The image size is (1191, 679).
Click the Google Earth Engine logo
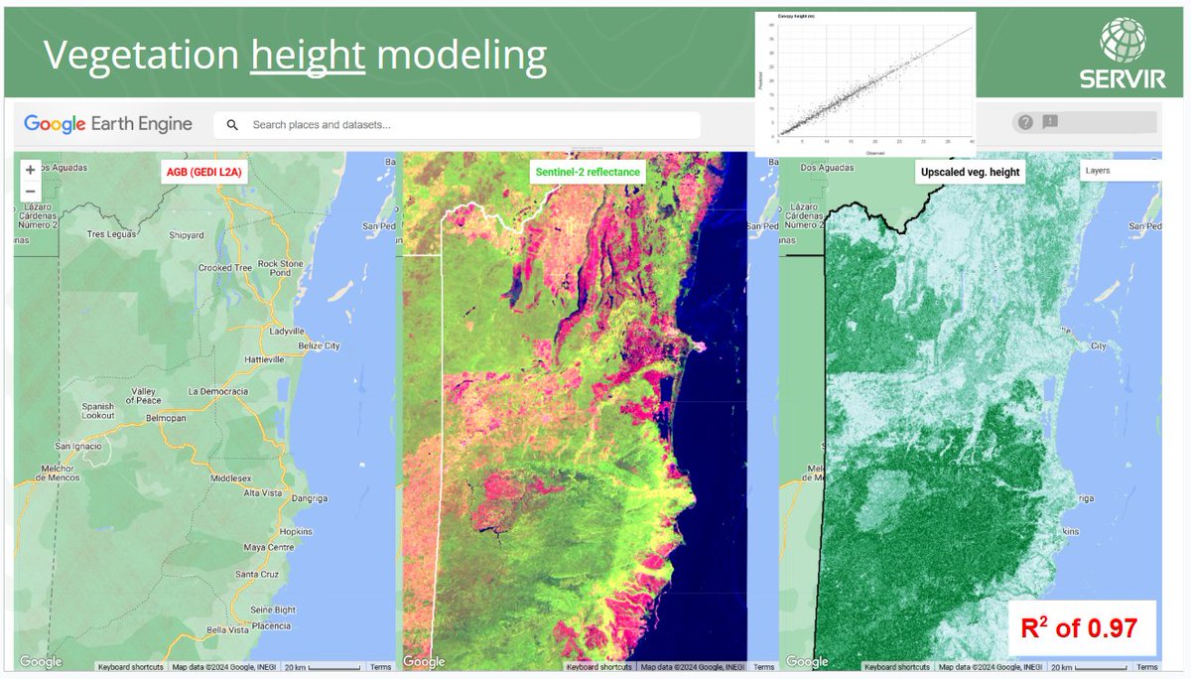[109, 124]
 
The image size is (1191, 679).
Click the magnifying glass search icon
[232, 125]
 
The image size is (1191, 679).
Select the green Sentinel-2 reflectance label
[588, 172]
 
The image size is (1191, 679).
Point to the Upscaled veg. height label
[969, 172]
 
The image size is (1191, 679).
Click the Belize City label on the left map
[320, 345]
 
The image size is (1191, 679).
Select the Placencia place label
[271, 625]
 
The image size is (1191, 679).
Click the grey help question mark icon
[1025, 122]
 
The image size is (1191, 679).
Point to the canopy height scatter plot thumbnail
[865, 83]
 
